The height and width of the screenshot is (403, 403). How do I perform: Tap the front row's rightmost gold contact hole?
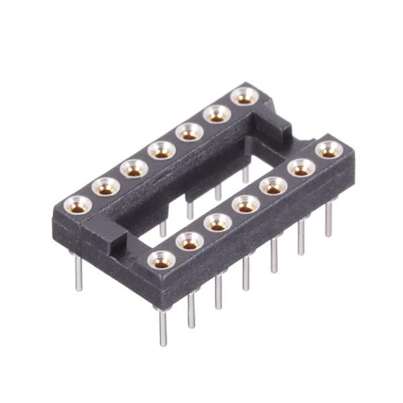328,149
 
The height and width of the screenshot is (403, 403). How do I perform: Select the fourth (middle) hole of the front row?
246,204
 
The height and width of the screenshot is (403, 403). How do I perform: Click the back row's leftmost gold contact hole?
79,204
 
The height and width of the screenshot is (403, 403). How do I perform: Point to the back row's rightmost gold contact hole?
244,97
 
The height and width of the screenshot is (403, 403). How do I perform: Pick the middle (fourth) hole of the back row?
161,150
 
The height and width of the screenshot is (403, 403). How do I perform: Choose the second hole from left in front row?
190,241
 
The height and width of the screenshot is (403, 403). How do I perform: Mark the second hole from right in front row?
301,167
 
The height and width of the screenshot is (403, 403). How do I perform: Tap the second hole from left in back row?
106,186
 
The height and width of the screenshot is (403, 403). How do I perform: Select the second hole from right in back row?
217,114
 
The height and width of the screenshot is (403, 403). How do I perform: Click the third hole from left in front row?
218,223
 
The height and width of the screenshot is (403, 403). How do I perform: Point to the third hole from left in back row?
134,169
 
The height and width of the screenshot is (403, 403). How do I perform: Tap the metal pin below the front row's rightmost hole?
328,218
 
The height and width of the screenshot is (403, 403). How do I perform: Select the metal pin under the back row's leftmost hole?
79,272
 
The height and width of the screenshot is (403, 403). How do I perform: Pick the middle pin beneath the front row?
246,272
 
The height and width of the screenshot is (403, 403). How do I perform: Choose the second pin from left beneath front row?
191,309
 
